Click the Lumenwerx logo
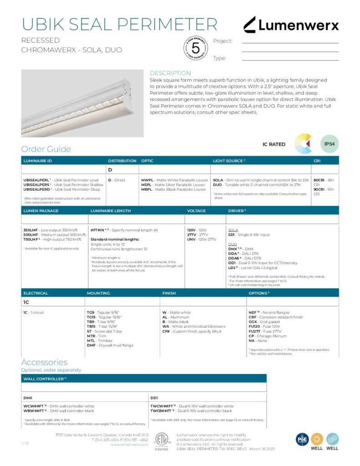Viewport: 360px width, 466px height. [291, 25]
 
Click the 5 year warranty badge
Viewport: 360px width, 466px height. [196, 47]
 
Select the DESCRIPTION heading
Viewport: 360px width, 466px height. [170, 73]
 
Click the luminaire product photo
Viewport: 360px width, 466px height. [82, 103]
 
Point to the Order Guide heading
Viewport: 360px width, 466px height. [46, 149]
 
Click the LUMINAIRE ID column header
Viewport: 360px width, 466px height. [37, 161]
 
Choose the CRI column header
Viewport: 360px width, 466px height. [317, 161]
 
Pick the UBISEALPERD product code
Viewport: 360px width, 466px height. [37, 189]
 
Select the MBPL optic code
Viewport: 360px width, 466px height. [147, 189]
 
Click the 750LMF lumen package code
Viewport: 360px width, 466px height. [30, 239]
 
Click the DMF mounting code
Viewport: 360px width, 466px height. [91, 345]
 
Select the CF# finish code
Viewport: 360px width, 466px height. [166, 332]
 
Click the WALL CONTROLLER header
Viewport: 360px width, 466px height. [43, 379]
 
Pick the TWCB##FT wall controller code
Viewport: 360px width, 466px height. [161, 410]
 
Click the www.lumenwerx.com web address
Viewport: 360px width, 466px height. [129, 445]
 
